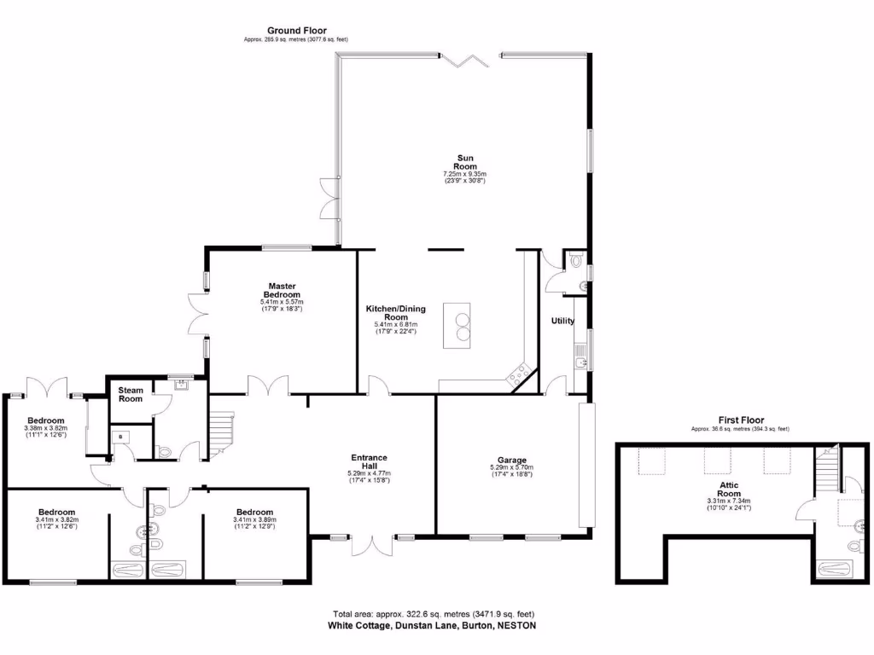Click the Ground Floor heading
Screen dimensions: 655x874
pyautogui.click(x=296, y=31)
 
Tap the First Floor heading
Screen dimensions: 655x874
pyautogui.click(x=739, y=420)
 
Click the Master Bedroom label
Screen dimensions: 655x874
pyautogui.click(x=282, y=290)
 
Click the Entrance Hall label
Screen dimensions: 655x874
pyautogui.click(x=369, y=461)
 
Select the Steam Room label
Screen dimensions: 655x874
pyautogui.click(x=131, y=394)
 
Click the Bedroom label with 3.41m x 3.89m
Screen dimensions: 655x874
pyautogui.click(x=254, y=513)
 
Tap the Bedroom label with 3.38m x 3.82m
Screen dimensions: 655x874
pyautogui.click(x=45, y=420)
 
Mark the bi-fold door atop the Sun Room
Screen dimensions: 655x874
pyautogui.click(x=464, y=59)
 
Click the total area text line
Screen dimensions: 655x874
pyautogui.click(x=433, y=613)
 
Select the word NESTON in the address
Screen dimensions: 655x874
pyautogui.click(x=517, y=624)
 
